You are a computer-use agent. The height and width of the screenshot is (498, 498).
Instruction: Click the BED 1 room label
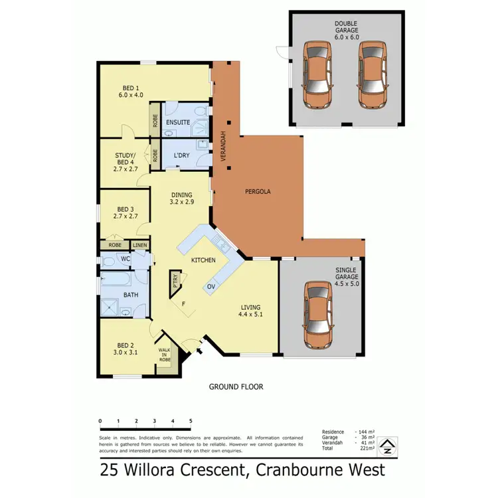click(130, 91)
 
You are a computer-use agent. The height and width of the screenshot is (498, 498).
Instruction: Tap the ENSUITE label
click(178, 122)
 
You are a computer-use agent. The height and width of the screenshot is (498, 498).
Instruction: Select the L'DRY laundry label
click(181, 155)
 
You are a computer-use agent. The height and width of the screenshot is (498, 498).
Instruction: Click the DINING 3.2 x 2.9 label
click(182, 199)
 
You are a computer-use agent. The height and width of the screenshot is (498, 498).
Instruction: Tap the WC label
click(125, 258)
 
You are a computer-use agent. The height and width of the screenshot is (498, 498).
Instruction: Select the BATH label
click(131, 295)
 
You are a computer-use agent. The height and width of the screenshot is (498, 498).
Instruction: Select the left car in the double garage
click(317, 75)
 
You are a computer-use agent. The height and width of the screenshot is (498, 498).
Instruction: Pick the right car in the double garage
click(372, 75)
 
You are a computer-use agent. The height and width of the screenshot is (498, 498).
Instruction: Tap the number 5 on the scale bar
click(191, 421)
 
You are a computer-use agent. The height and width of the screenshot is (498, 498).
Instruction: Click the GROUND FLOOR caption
click(236, 386)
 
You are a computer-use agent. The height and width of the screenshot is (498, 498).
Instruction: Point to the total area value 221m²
click(367, 449)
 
